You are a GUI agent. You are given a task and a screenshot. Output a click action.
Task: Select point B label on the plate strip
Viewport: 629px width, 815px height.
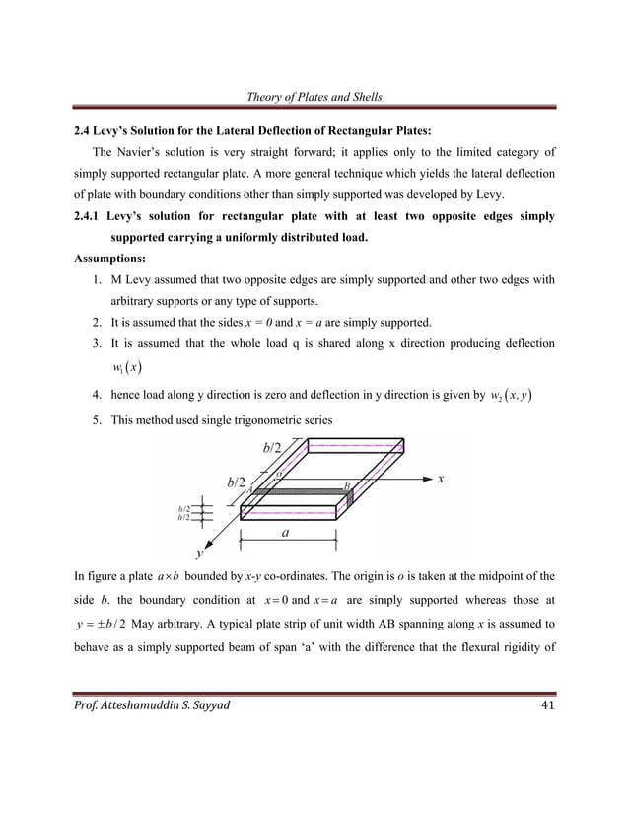[x=346, y=484]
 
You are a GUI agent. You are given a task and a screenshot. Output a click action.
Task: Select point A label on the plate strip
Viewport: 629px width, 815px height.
[x=250, y=488]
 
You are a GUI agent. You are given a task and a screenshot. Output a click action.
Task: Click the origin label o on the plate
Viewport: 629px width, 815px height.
[x=279, y=475]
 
